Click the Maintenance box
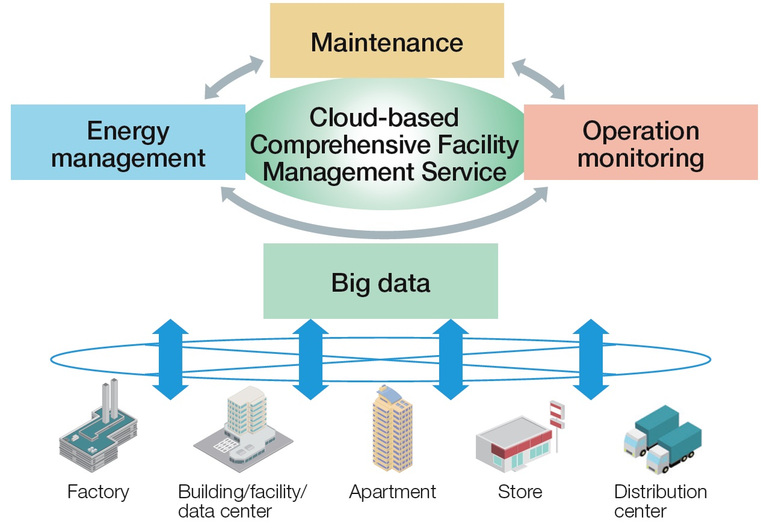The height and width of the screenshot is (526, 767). [387, 41]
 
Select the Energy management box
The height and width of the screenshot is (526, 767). [128, 143]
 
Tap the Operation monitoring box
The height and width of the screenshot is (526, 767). [641, 143]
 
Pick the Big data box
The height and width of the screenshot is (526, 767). [380, 281]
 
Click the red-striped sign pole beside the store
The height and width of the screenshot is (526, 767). [556, 423]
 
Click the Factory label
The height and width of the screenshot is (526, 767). [98, 492]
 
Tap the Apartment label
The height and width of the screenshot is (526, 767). [393, 492]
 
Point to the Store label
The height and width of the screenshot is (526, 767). [520, 492]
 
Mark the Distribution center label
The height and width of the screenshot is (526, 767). [660, 501]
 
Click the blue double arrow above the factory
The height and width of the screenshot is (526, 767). [170, 359]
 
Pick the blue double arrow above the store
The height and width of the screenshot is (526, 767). [591, 359]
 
